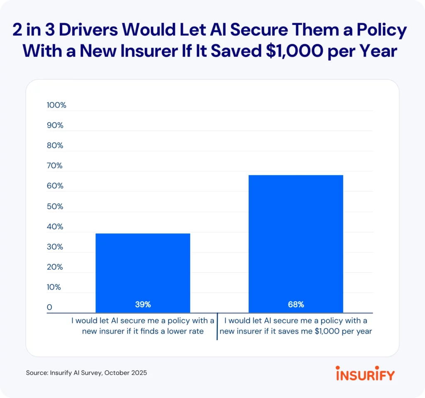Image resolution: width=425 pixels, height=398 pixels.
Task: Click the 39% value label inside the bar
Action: click(143, 305)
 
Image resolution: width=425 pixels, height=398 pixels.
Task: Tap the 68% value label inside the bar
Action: click(296, 305)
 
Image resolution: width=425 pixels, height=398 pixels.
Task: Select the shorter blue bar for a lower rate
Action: click(143, 269)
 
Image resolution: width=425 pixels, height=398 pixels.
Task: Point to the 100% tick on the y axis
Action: click(56, 105)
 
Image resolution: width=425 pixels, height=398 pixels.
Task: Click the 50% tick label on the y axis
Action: click(55, 206)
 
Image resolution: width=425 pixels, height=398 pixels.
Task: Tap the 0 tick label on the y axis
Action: click(49, 308)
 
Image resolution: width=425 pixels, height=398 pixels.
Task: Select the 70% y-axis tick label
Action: click(55, 166)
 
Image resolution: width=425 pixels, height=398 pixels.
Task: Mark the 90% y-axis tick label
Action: click(55, 126)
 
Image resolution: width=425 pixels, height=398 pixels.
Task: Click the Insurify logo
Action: click(365, 373)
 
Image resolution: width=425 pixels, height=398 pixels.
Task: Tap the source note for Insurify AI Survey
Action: click(86, 373)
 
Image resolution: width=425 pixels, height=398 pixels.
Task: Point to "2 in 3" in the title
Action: click(38, 31)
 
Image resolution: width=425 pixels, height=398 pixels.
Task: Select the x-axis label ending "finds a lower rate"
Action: click(142, 326)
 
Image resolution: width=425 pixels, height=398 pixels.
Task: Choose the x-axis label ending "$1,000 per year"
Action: click(296, 326)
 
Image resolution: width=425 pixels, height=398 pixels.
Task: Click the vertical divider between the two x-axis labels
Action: click(217, 328)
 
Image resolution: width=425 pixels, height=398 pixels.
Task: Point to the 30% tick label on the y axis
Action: click(55, 247)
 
